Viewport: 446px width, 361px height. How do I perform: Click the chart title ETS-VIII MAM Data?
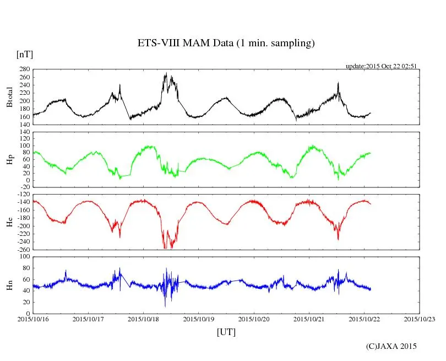coord(226,44)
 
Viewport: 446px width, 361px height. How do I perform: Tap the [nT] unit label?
coord(25,55)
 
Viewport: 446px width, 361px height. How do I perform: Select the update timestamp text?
coord(381,66)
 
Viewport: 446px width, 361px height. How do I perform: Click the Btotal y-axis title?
coord(10,97)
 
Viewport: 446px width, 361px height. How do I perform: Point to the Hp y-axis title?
coord(10,159)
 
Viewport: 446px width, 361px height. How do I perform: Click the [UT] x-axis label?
coord(226,332)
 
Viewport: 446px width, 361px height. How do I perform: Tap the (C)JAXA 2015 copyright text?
coord(391,346)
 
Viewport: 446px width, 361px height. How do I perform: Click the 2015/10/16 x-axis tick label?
coord(33,319)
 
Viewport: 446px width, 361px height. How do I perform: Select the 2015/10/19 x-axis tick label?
coord(199,319)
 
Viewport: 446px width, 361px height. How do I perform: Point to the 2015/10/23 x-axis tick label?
coord(420,319)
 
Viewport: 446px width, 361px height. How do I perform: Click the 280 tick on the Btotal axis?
coord(24,69)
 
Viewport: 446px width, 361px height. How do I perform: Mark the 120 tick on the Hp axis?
coord(24,132)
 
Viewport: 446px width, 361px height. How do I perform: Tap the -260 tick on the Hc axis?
coord(23,249)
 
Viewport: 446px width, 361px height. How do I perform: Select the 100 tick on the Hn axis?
coord(24,257)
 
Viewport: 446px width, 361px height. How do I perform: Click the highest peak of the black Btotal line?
coord(166,73)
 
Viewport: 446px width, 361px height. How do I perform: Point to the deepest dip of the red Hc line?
coord(165,248)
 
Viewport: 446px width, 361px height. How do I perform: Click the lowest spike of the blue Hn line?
coord(165,306)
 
